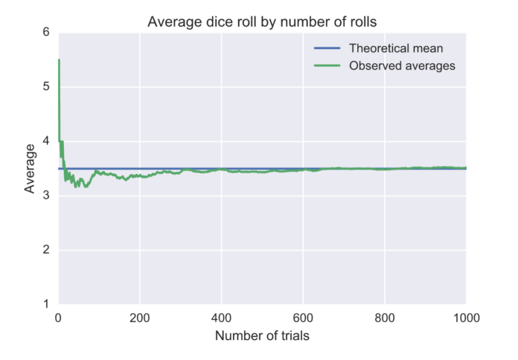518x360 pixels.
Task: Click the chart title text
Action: click(262, 22)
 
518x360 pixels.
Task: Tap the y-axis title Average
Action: click(30, 169)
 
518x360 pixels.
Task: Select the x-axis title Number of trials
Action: click(262, 335)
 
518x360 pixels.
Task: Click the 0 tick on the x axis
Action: click(58, 315)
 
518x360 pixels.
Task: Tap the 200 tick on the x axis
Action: click(140, 315)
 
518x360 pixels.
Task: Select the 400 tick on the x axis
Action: click(221, 315)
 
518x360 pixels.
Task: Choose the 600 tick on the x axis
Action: click(303, 315)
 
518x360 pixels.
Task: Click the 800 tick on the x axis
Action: click(384, 315)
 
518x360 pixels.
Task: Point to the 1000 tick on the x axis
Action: click(464, 315)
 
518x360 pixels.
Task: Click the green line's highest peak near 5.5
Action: click(59, 60)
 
